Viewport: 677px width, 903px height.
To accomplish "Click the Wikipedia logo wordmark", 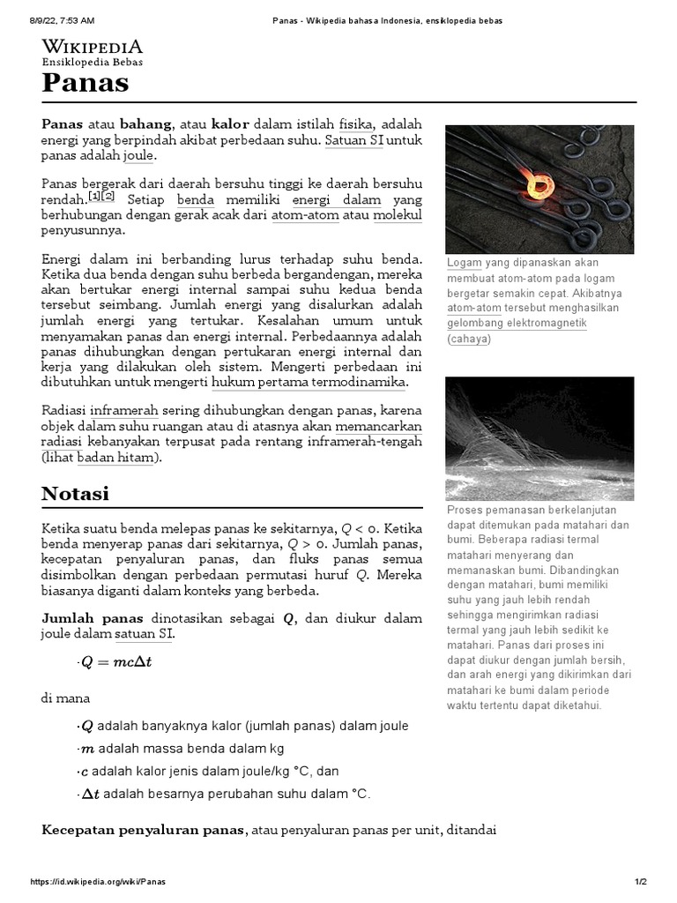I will point(92,47).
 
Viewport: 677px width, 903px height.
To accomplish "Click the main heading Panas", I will point(86,83).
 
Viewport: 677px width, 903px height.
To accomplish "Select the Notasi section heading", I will point(76,493).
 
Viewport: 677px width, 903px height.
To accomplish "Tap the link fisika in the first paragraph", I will point(356,124).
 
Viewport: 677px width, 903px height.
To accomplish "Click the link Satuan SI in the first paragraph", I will point(354,140).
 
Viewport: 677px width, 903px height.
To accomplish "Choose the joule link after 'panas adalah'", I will point(138,156).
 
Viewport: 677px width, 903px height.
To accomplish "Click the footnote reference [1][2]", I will point(101,197).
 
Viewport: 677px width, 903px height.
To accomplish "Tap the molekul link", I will point(398,215).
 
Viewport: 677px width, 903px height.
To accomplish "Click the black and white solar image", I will point(539,438).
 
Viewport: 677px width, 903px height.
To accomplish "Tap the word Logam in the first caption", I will point(464,263).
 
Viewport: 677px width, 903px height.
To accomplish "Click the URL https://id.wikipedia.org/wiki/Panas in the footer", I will point(97,882).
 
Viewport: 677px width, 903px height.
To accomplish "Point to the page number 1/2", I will point(641,882).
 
